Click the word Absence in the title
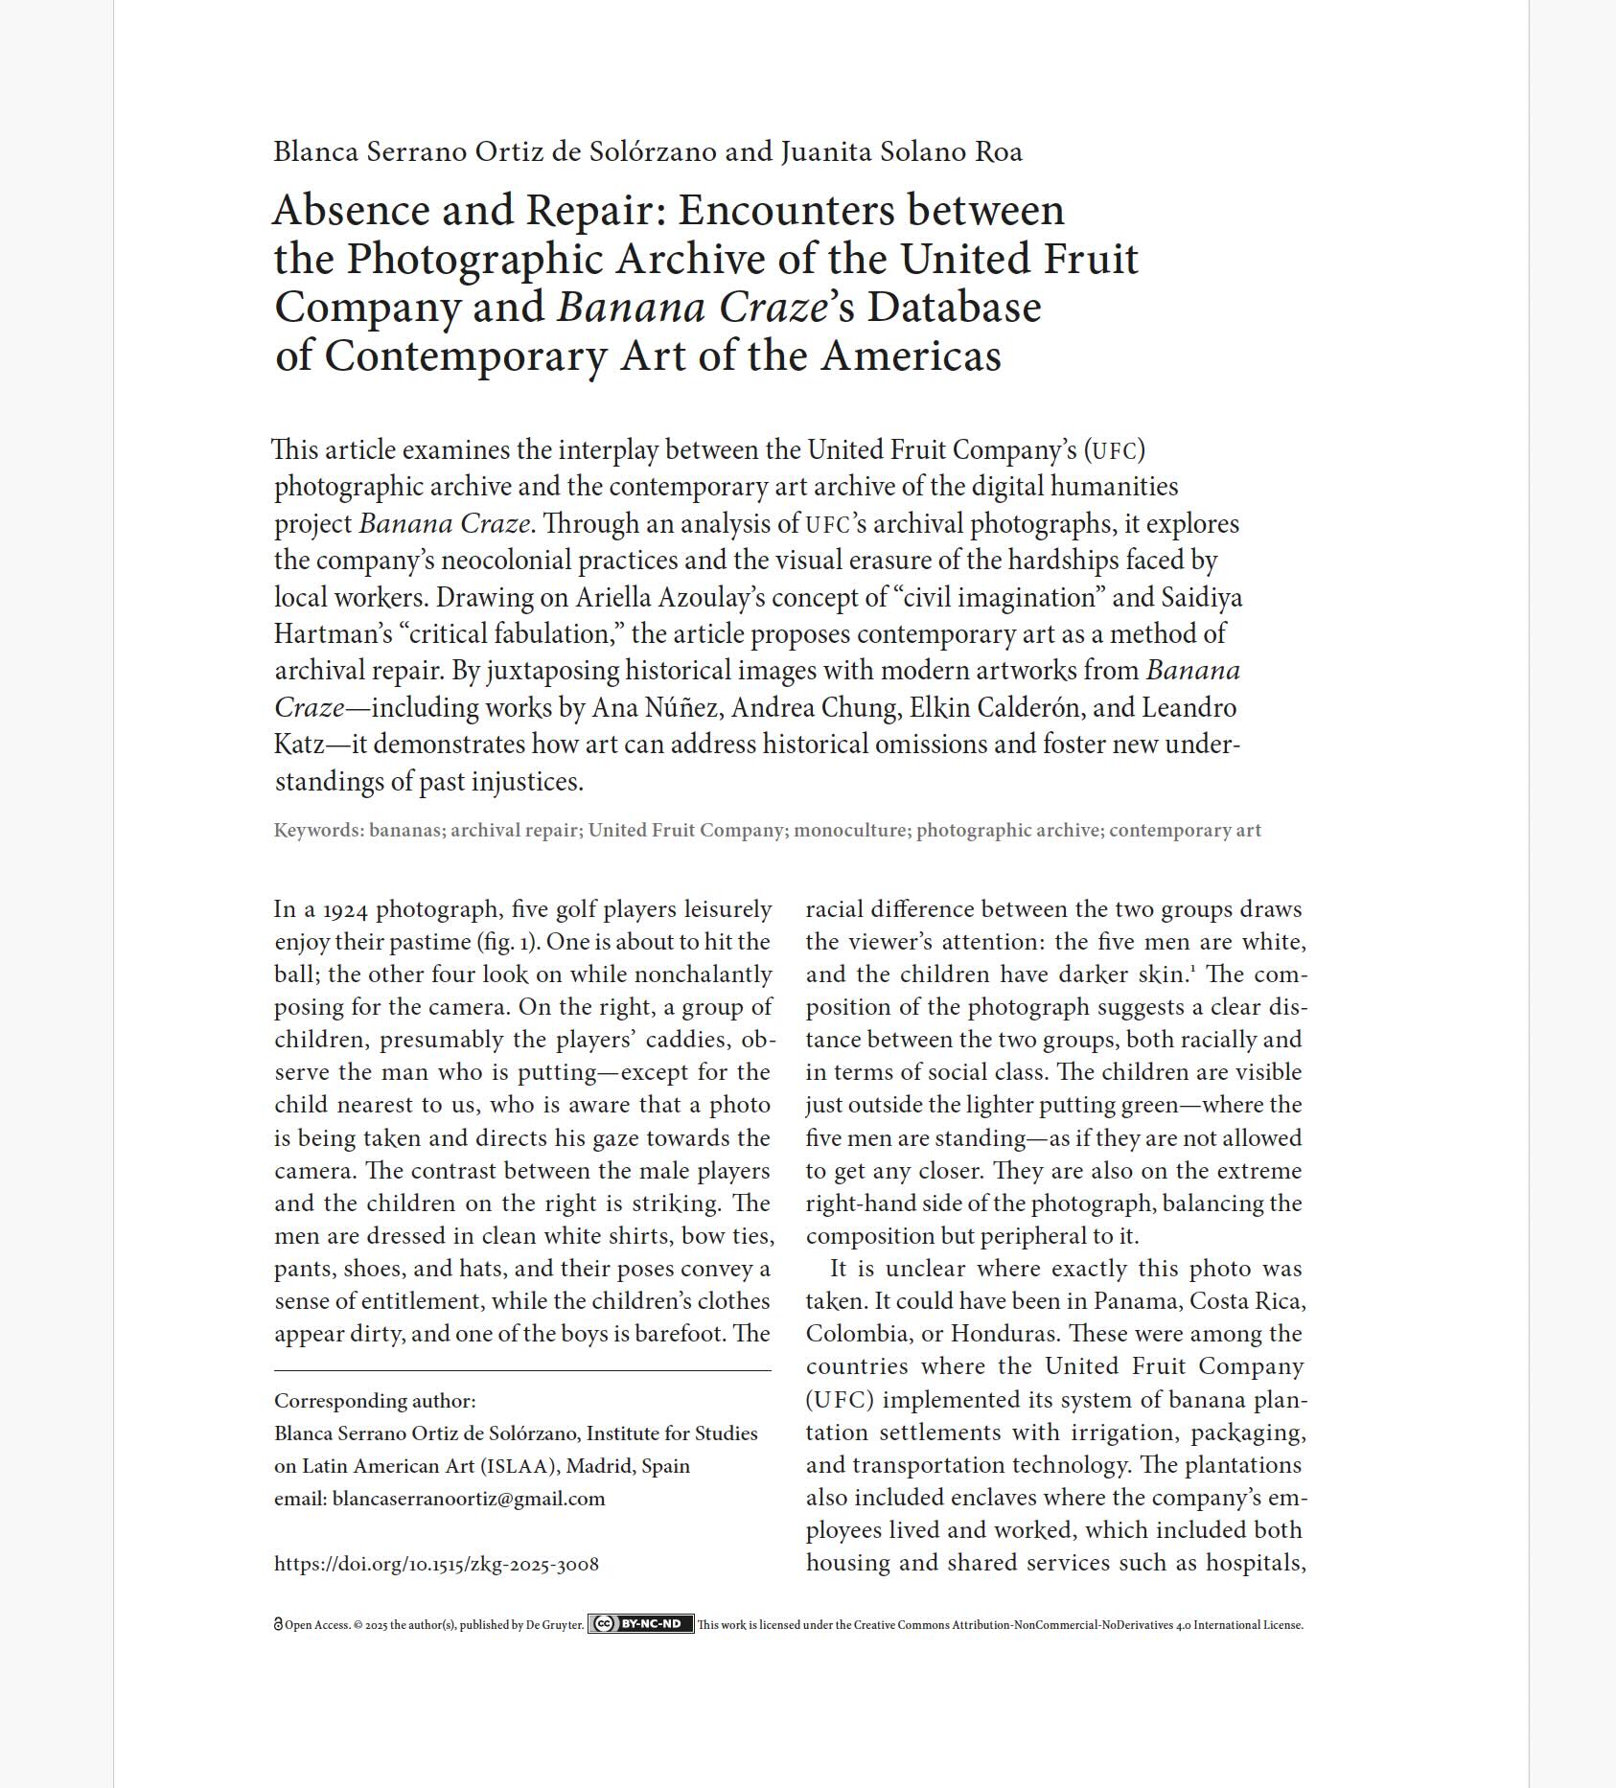tap(352, 210)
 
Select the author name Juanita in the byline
tap(825, 151)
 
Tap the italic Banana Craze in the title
tap(691, 308)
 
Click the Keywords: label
tap(318, 831)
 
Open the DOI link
tap(436, 1564)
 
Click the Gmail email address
tap(468, 1499)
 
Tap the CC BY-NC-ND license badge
tap(640, 1624)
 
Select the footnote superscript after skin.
tap(1192, 969)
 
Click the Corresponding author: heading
tap(375, 1401)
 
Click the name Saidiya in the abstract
tap(1201, 598)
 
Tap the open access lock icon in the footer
tap(278, 1625)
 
